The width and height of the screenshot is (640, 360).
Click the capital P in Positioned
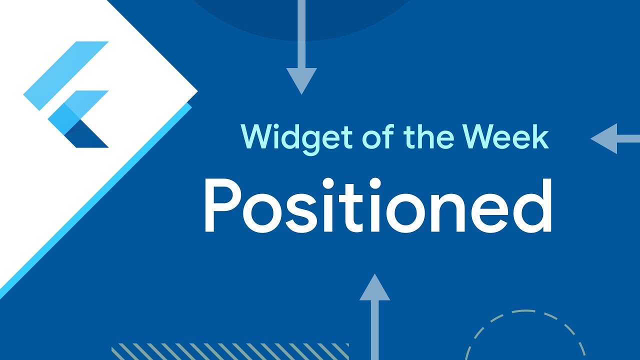tap(220, 205)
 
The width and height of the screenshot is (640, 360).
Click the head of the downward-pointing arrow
tap(301, 80)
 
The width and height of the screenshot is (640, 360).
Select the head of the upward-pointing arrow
tap(374, 288)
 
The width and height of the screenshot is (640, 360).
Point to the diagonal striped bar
tap(230, 351)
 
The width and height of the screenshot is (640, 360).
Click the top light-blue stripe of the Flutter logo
tap(65, 75)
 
